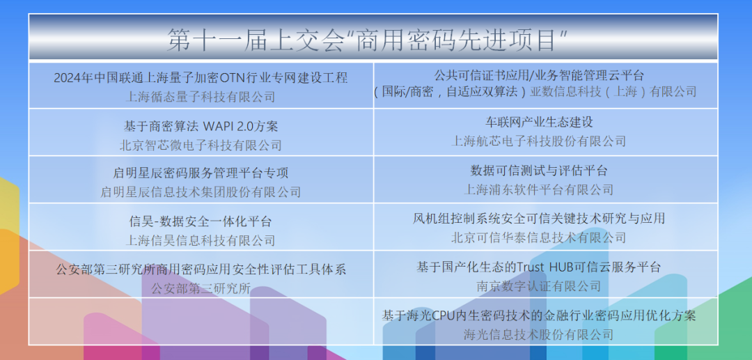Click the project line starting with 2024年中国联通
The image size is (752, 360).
(201, 77)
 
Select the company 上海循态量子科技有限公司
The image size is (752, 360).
(201, 96)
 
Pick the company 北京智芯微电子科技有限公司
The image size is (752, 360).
(201, 145)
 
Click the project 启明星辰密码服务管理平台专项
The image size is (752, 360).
(201, 173)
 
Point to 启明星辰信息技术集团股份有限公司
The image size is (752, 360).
(201, 191)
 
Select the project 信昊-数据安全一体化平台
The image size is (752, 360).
(201, 221)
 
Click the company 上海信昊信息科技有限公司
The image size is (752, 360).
(201, 240)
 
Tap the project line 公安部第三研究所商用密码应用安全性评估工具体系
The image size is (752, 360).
(201, 269)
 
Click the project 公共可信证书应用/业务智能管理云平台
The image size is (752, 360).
(539, 75)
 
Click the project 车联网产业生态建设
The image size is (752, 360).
(539, 122)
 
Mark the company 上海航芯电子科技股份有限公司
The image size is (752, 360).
(539, 141)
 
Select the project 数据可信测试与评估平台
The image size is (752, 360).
(539, 171)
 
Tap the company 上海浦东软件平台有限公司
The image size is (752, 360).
(539, 189)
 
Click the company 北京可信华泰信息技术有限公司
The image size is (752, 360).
(539, 237)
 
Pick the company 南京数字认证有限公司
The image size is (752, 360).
(539, 285)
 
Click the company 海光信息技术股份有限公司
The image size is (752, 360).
(539, 334)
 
